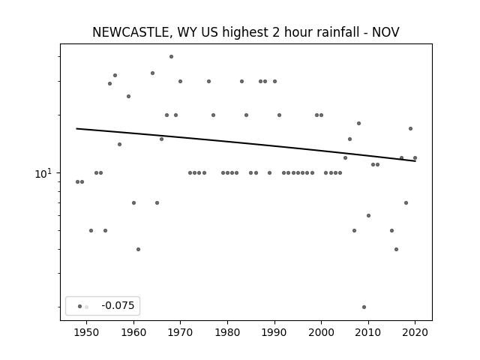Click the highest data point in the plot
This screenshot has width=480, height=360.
click(171, 57)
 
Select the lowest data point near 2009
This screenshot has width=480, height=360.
click(364, 307)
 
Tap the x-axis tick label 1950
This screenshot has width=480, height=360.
click(87, 332)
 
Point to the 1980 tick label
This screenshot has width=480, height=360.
click(227, 332)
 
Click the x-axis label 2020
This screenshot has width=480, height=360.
click(415, 332)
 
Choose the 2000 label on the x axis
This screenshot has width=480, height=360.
click(322, 332)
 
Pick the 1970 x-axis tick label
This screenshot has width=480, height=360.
click(180, 332)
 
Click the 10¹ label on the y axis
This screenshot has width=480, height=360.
click(43, 174)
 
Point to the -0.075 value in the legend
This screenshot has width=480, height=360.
click(118, 305)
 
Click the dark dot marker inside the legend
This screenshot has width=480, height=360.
click(79, 307)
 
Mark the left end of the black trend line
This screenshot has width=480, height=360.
click(76, 128)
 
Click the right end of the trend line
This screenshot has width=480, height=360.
click(415, 161)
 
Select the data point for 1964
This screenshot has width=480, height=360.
click(152, 73)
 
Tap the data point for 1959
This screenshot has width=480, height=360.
click(128, 97)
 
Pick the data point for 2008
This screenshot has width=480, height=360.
click(358, 123)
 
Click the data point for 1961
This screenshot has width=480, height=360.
click(138, 250)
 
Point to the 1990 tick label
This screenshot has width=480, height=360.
click(274, 332)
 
